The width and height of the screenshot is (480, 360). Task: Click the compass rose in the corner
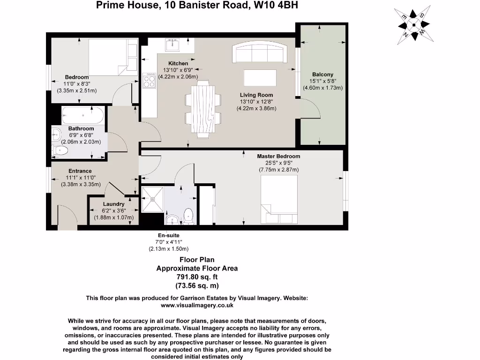tap(413, 25)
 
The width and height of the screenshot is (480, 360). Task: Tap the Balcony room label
tap(322, 75)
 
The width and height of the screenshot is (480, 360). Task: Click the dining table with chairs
tap(203, 109)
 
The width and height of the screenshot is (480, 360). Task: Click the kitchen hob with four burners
tap(150, 81)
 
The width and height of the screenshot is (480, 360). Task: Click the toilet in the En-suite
tap(188, 216)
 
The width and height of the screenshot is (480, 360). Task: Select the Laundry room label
tap(114, 204)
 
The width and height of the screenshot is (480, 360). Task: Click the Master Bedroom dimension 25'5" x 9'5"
tap(278, 163)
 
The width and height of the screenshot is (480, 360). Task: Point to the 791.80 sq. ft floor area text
tap(197, 277)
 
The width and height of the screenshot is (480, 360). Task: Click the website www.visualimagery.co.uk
tap(197, 305)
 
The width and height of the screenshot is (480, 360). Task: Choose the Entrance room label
tap(80, 171)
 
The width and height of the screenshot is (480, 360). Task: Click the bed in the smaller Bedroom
tap(112, 57)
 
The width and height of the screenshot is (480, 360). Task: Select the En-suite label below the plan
tap(169, 235)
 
